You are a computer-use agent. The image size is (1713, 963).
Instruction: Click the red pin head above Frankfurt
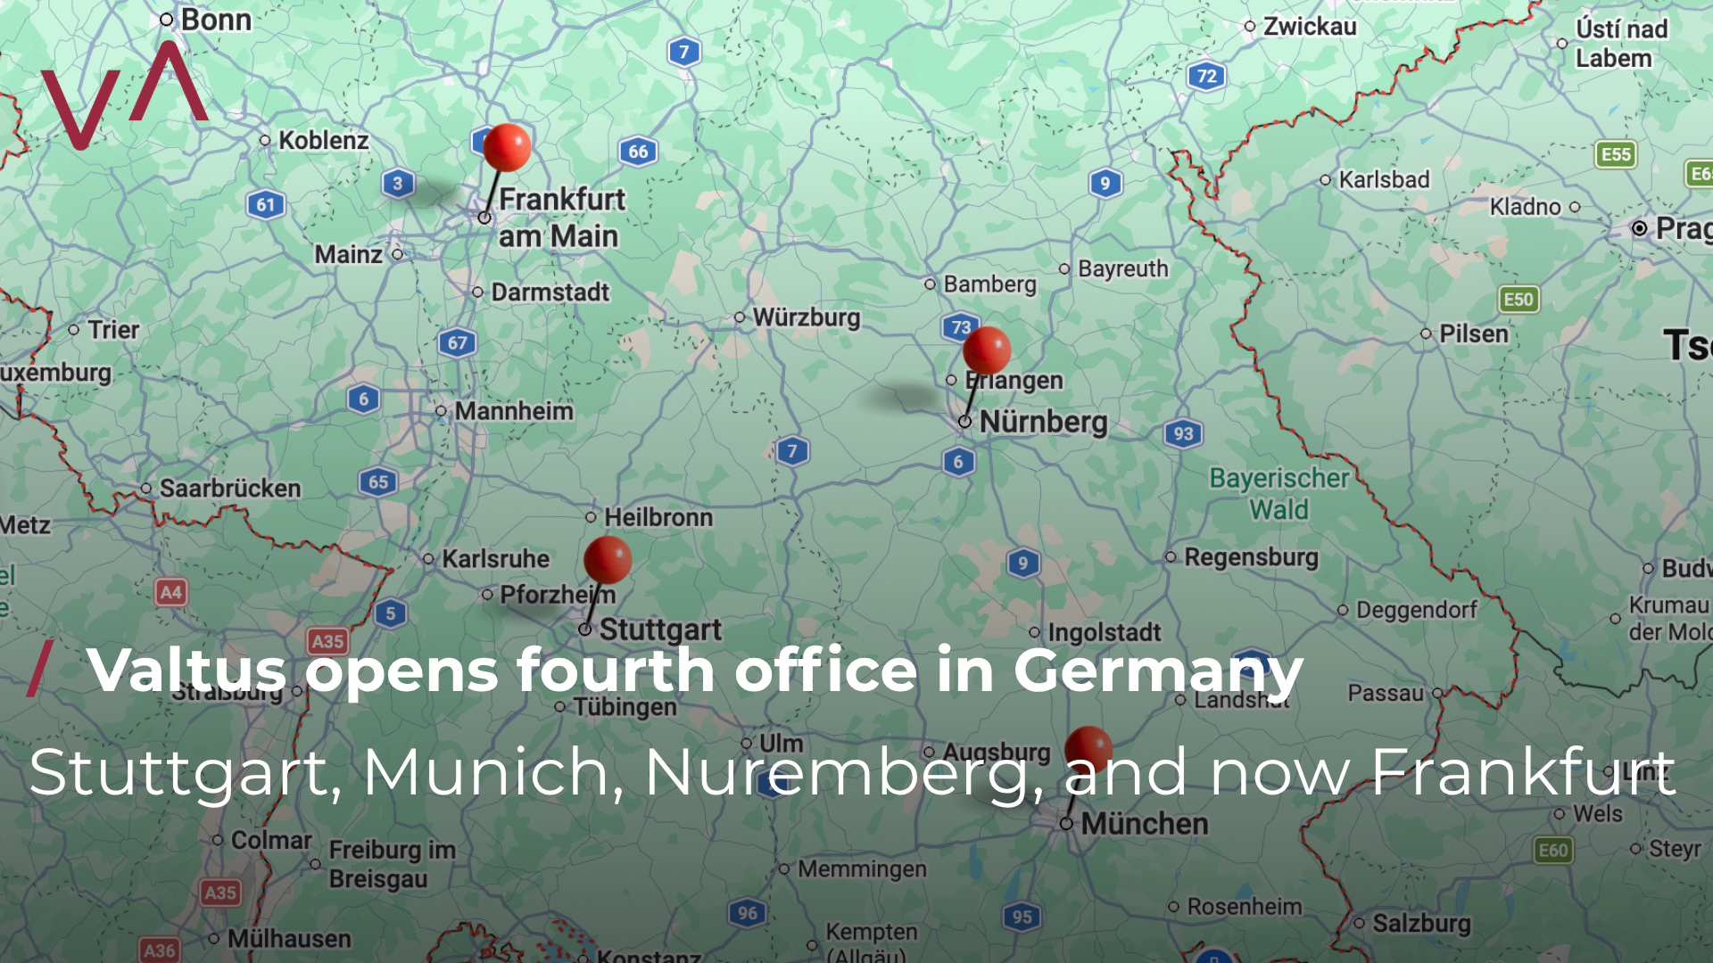507,147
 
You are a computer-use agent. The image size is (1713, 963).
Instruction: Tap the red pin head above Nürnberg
987,350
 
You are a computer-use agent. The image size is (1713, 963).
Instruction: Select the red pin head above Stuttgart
608,559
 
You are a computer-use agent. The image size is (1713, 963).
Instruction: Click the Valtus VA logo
124,95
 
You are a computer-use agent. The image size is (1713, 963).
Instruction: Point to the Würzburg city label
806,317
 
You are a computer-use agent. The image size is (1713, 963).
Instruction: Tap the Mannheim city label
514,411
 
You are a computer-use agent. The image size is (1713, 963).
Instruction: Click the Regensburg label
1251,557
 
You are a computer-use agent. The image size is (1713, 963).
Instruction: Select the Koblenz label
323,140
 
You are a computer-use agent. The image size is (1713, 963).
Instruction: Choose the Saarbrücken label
229,489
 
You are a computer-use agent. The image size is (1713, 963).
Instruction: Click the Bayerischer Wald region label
1279,494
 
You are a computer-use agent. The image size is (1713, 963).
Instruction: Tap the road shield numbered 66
638,152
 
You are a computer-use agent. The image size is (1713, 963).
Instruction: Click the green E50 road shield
1518,300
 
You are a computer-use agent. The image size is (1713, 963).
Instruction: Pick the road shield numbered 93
1183,434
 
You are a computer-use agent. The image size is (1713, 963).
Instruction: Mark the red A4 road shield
170,592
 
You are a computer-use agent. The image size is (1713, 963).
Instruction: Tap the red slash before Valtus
39,669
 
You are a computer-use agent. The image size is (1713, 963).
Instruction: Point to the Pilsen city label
1473,334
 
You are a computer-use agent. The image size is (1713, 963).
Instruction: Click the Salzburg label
1421,923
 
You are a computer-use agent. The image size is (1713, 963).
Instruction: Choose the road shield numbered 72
1206,76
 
